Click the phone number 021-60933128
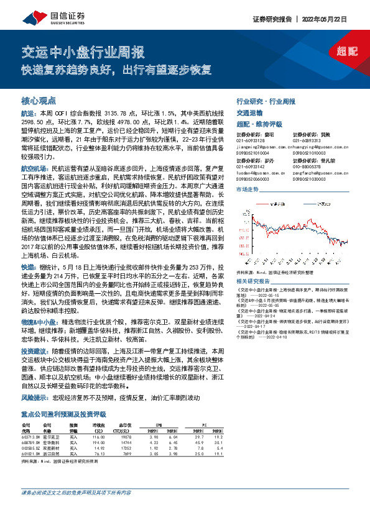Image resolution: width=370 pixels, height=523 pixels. click(250, 140)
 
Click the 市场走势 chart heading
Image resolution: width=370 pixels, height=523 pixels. click(247, 189)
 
